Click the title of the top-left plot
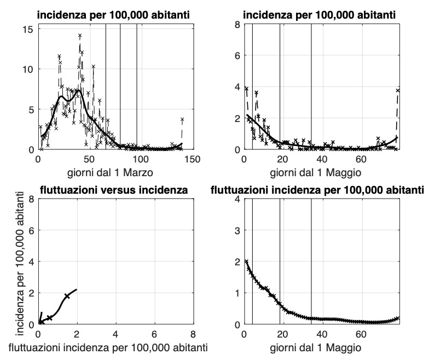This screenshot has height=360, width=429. (114, 15)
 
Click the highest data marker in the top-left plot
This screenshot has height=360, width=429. (80, 36)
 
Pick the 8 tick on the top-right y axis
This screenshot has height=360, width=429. (237, 25)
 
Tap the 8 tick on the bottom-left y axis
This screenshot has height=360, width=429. (32, 200)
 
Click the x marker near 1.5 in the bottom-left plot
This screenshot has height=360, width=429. (67, 296)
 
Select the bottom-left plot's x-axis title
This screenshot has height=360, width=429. (114, 347)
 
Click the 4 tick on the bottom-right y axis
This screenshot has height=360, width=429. (237, 200)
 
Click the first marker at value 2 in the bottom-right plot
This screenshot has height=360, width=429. (246, 262)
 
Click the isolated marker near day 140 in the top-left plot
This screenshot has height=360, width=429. (182, 119)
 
